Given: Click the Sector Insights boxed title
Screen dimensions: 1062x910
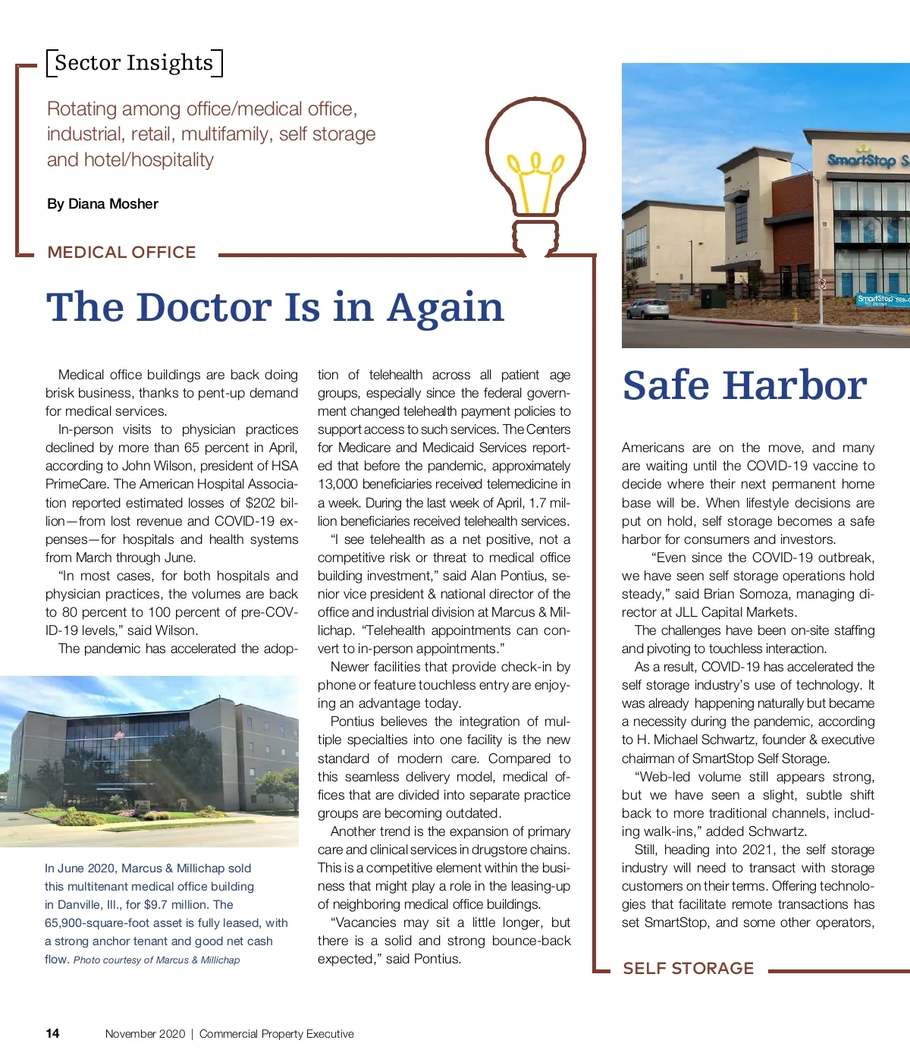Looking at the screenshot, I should pyautogui.click(x=134, y=63).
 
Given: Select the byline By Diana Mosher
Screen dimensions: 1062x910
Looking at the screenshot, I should pyautogui.click(x=102, y=204).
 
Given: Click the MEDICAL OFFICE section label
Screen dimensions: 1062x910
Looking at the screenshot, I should pyautogui.click(x=121, y=253).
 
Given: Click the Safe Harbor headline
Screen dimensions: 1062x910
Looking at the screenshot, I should pyautogui.click(x=744, y=386).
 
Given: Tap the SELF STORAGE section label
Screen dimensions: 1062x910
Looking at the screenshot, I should pyautogui.click(x=688, y=969).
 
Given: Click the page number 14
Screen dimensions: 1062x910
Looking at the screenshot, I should pyautogui.click(x=52, y=1033).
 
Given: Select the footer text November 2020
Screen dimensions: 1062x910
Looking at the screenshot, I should pyautogui.click(x=145, y=1034).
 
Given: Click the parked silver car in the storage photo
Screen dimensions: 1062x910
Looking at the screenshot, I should pyautogui.click(x=647, y=308).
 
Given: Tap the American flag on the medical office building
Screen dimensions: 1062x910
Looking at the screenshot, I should pyautogui.click(x=118, y=735).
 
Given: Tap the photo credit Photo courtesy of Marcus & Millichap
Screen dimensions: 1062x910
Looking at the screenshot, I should pyautogui.click(x=156, y=960).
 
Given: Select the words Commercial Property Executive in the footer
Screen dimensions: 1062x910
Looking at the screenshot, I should pyautogui.click(x=276, y=1034).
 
